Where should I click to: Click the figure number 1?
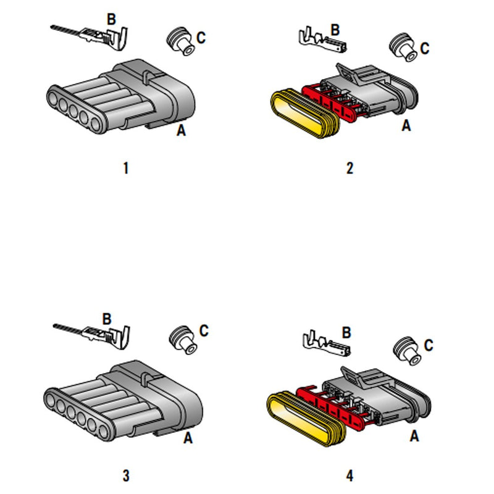[x=126, y=168]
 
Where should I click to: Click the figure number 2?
[x=350, y=168]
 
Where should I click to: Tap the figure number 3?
[x=126, y=475]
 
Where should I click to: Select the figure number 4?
[x=350, y=475]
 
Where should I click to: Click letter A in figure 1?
[x=181, y=130]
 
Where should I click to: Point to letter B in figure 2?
[x=335, y=30]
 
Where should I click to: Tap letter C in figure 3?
[x=204, y=330]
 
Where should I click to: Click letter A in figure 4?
[x=414, y=436]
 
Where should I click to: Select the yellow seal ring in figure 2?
[x=304, y=114]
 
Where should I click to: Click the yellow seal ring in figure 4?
[x=306, y=419]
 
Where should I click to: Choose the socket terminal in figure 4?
[x=327, y=344]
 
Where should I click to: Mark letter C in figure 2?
[x=425, y=48]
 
